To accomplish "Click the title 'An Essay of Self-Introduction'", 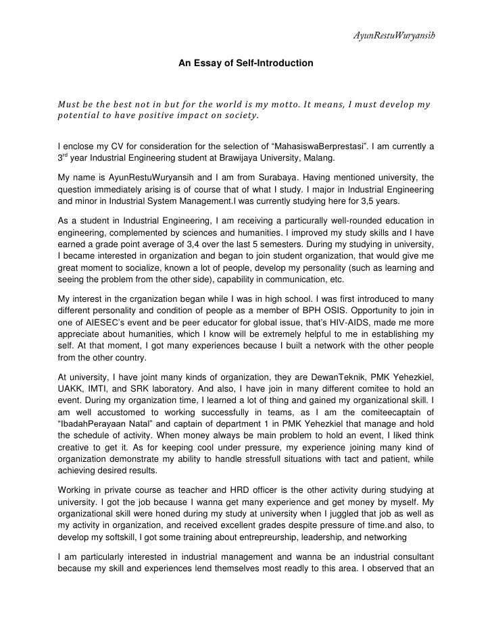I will click(245, 63).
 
